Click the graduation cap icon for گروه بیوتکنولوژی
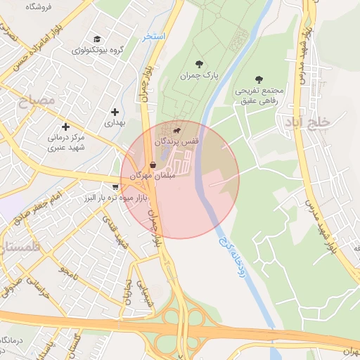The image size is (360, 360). coord(97,39)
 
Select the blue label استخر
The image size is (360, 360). coord(153,36)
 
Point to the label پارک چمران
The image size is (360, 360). coord(200,76)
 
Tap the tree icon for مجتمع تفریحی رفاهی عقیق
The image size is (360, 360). coord(259,79)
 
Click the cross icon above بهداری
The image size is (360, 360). coord(115,112)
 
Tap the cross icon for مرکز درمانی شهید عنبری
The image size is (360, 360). coord(65,127)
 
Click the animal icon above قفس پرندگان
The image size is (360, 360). coord(176,130)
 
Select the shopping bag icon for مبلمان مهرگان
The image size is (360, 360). coord(153,165)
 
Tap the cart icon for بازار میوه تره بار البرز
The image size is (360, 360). coord(115,187)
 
